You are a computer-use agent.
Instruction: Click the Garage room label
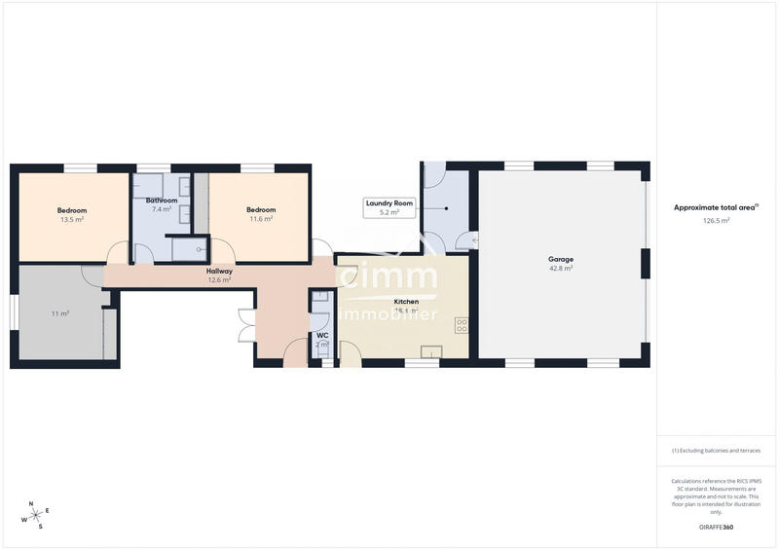pyautogui.click(x=560, y=259)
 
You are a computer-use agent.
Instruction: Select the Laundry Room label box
pyautogui.click(x=389, y=207)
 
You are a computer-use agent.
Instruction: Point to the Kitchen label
pyautogui.click(x=406, y=302)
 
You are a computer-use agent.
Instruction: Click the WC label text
pyautogui.click(x=322, y=336)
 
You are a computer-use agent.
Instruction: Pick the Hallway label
pyautogui.click(x=219, y=272)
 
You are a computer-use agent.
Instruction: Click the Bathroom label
pyautogui.click(x=162, y=201)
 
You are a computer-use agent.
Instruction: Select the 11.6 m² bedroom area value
pyautogui.click(x=261, y=219)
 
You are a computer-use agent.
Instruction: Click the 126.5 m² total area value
pyautogui.click(x=716, y=220)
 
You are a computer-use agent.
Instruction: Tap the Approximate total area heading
pyautogui.click(x=716, y=207)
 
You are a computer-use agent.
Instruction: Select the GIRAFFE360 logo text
pyautogui.click(x=716, y=527)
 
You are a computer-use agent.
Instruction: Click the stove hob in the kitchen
pyautogui.click(x=461, y=326)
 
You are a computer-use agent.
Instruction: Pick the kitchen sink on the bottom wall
pyautogui.click(x=430, y=351)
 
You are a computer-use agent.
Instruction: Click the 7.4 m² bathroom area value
pyautogui.click(x=162, y=209)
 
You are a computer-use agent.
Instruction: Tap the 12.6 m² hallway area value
pyautogui.click(x=219, y=280)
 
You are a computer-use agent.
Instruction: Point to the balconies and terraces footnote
pyautogui.click(x=716, y=451)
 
